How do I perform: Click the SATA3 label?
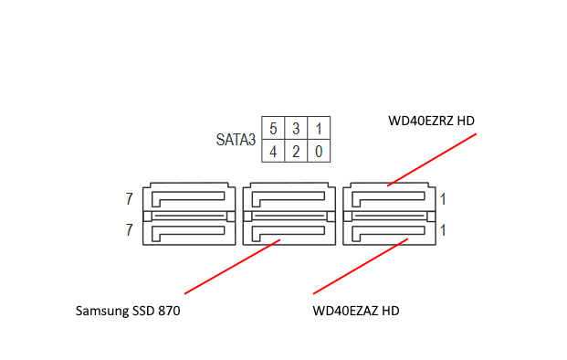coord(236,140)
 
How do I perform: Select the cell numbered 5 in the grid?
coord(273,128)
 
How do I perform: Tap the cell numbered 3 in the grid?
coord(296,128)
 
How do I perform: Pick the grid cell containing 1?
coord(318,128)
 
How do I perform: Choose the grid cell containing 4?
coord(273,151)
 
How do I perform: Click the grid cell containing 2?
coord(296,151)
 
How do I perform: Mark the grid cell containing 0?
coord(318,151)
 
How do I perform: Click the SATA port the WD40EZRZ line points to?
coord(388,196)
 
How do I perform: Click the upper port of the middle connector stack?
coord(285,196)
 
